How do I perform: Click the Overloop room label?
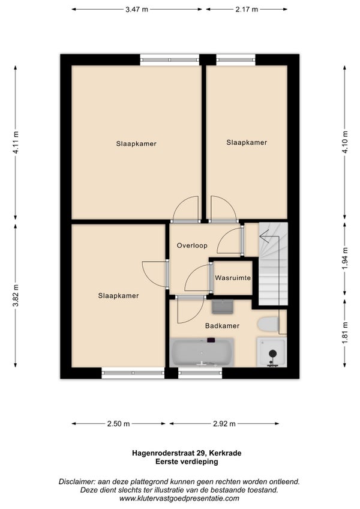pyautogui.click(x=192, y=245)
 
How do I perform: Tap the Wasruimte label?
pyautogui.click(x=233, y=278)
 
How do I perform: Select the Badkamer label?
pyautogui.click(x=223, y=325)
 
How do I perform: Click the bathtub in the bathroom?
pyautogui.click(x=202, y=352)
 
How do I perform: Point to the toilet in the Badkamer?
pyautogui.click(x=268, y=324)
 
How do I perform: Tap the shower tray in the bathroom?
pyautogui.click(x=272, y=352)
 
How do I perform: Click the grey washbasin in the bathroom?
pyautogui.click(x=223, y=307)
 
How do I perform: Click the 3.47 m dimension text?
pyautogui.click(x=137, y=10)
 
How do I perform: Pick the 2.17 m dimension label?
pyautogui.click(x=247, y=10)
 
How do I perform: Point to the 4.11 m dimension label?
pyautogui.click(x=16, y=142)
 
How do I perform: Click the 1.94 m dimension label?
pyautogui.click(x=345, y=258)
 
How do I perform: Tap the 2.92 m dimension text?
pyautogui.click(x=224, y=424)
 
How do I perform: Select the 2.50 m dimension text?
pyautogui.click(x=118, y=424)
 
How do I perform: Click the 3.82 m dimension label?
pyautogui.click(x=16, y=295)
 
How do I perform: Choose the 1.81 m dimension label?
pyautogui.click(x=345, y=333)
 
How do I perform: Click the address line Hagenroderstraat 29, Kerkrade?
pyautogui.click(x=187, y=453)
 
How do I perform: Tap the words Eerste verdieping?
pyautogui.click(x=187, y=461)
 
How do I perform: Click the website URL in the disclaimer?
pyautogui.click(x=179, y=498)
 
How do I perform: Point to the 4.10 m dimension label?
pyautogui.click(x=345, y=142)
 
